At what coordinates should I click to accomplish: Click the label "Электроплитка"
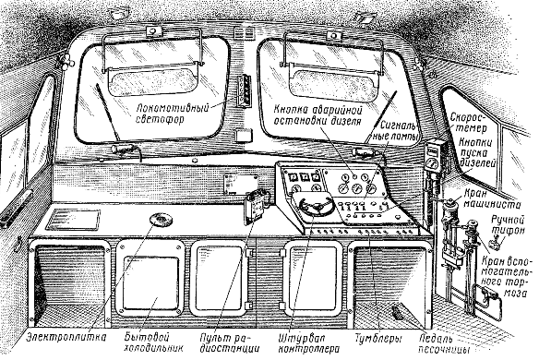coord(66,337)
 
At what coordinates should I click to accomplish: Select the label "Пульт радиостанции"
coord(230,342)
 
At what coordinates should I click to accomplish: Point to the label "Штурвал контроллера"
coord(308,342)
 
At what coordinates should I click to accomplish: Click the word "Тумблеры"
coord(378,339)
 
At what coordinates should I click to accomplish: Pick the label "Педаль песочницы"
coord(444,343)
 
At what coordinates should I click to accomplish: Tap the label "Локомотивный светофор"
coord(173,114)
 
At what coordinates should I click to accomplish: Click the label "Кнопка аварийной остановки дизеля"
coord(318,115)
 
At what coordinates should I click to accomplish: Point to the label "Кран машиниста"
coord(492,198)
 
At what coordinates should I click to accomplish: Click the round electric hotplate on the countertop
coord(162,220)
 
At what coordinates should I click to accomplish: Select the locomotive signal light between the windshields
coord(243,91)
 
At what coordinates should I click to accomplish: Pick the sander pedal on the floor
coord(397,312)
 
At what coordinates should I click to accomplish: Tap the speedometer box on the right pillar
coord(433,155)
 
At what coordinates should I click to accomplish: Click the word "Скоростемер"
coord(468,123)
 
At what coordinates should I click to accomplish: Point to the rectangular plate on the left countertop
coord(73,220)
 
